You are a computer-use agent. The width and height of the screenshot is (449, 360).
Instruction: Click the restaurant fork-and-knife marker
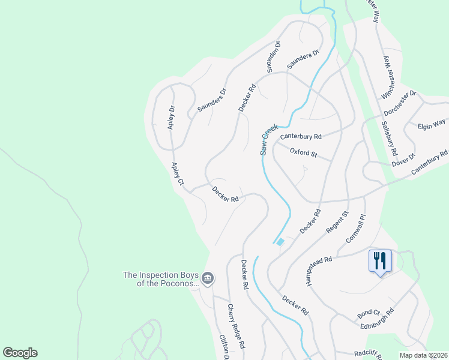379,261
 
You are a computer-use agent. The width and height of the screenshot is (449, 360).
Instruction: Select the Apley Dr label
172,118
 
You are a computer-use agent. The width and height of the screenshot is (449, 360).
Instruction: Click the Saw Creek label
268,140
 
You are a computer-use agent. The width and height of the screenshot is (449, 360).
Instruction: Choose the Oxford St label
303,153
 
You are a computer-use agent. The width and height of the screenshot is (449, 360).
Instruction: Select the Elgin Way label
432,125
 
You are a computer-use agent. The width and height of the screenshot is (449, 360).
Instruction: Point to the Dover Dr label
404,159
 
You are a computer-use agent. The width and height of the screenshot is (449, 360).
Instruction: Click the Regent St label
337,223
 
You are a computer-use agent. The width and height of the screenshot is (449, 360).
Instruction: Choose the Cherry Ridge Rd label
235,325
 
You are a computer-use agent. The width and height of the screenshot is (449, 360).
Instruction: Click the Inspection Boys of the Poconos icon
208,277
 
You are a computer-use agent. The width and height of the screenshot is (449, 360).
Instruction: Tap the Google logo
20,353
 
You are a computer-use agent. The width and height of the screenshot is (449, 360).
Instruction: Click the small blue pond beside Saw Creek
280,242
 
